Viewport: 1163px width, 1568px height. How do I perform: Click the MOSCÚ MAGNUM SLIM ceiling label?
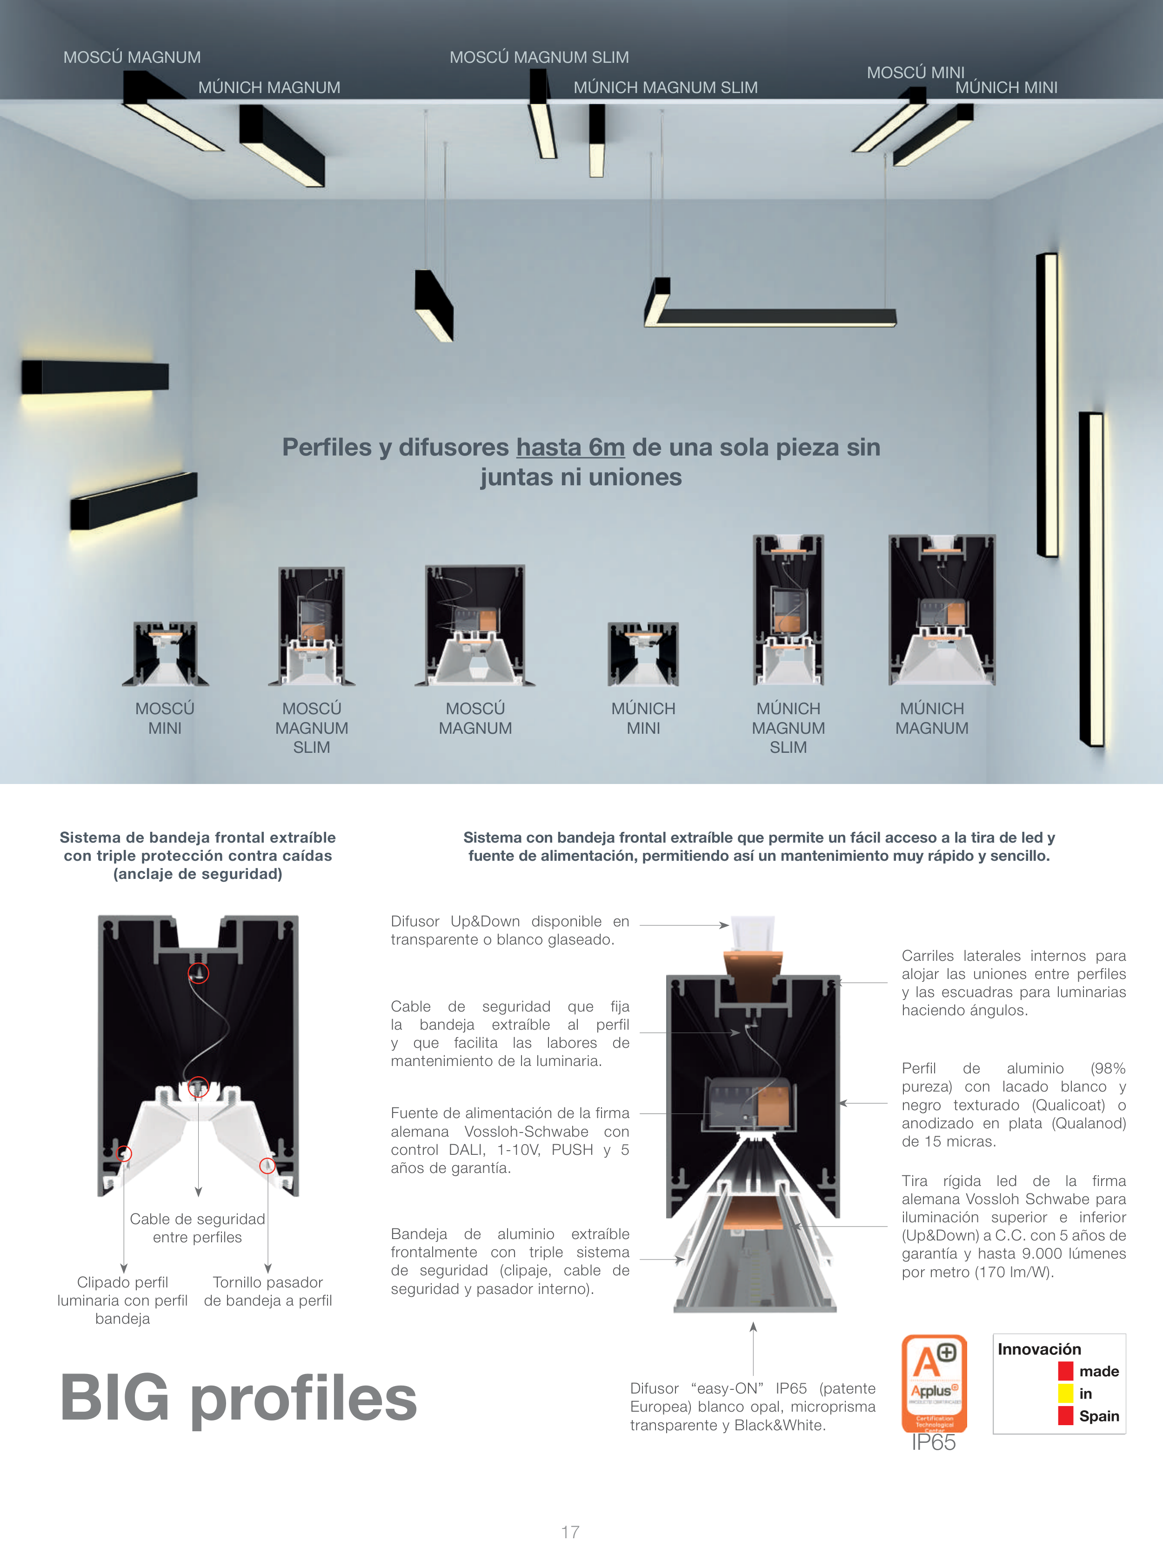(539, 57)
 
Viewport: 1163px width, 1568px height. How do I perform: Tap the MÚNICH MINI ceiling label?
(1006, 87)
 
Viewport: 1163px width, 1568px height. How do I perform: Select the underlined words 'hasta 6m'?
(570, 447)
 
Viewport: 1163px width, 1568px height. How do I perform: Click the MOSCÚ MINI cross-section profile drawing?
(166, 653)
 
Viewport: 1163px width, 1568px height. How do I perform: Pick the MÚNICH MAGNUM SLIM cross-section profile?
(789, 610)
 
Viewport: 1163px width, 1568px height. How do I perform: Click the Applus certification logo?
(934, 1384)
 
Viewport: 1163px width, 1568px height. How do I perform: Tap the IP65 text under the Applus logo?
(934, 1443)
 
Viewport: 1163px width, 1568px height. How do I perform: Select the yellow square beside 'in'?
(1065, 1394)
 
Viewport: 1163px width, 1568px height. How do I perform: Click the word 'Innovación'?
(1039, 1349)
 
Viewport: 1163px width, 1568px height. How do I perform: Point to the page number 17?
(570, 1532)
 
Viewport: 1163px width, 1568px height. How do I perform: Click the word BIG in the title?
(115, 1398)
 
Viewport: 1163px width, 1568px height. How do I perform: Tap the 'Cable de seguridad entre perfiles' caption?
(197, 1228)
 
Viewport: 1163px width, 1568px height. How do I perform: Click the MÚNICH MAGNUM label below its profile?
(932, 718)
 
